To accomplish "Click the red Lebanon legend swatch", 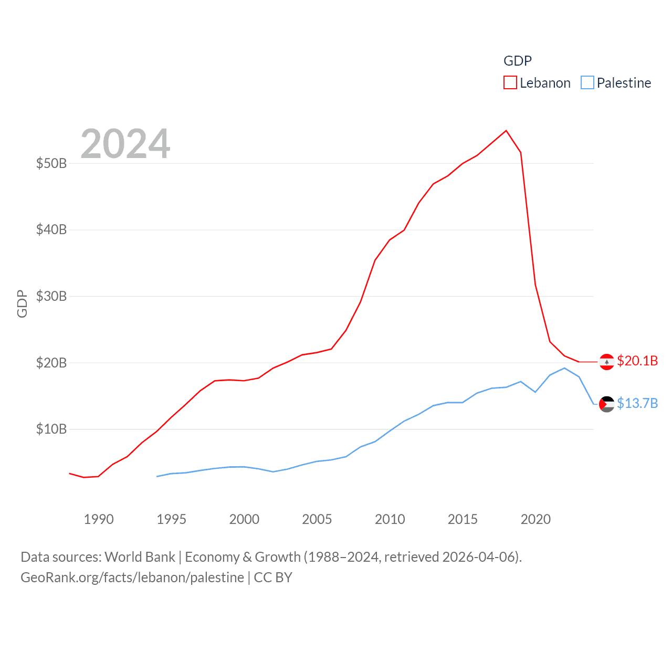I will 510,83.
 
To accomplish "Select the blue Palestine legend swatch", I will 587,83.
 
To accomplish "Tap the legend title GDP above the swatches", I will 518,61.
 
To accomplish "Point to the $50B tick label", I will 51,163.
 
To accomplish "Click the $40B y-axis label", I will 51,229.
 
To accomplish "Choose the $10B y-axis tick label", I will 51,429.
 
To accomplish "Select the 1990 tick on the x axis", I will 99,519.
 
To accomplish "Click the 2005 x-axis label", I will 317,519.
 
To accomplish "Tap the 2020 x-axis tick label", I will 535,519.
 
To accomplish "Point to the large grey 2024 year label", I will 125,144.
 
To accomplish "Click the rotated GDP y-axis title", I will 22,303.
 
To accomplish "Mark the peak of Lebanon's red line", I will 506,131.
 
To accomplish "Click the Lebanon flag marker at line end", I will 606,362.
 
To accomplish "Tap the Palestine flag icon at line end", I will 606,404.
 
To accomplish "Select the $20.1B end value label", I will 637,361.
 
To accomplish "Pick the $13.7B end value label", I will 637,403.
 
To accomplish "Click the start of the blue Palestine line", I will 157,476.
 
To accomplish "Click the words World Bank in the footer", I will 140,556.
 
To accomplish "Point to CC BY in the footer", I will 273,577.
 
